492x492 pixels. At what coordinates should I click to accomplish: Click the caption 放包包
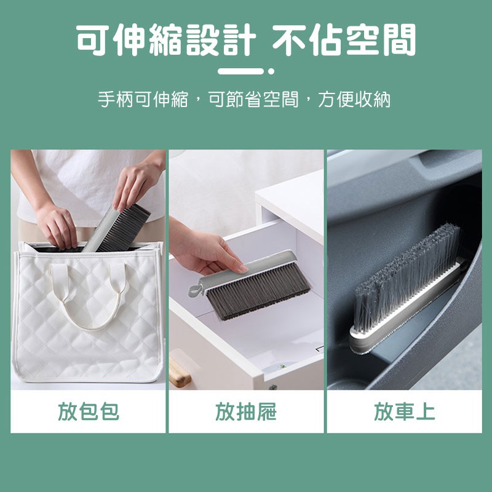click(x=89, y=411)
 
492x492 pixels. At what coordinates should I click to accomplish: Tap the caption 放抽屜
click(x=246, y=411)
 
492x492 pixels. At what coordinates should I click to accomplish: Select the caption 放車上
click(x=405, y=411)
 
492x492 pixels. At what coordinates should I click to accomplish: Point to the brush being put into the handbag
click(x=117, y=228)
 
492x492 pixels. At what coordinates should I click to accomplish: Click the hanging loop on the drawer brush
click(x=194, y=290)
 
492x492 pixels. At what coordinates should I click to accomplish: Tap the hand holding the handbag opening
click(x=57, y=228)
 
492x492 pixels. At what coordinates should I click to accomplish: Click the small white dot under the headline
click(x=271, y=71)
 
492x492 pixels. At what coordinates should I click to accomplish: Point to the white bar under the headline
click(x=240, y=71)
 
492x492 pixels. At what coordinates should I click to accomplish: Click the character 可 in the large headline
click(x=93, y=40)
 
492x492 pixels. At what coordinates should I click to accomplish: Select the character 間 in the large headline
click(x=399, y=40)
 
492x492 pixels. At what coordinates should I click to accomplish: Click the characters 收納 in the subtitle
click(x=373, y=100)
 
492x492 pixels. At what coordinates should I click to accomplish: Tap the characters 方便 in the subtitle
click(x=336, y=100)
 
